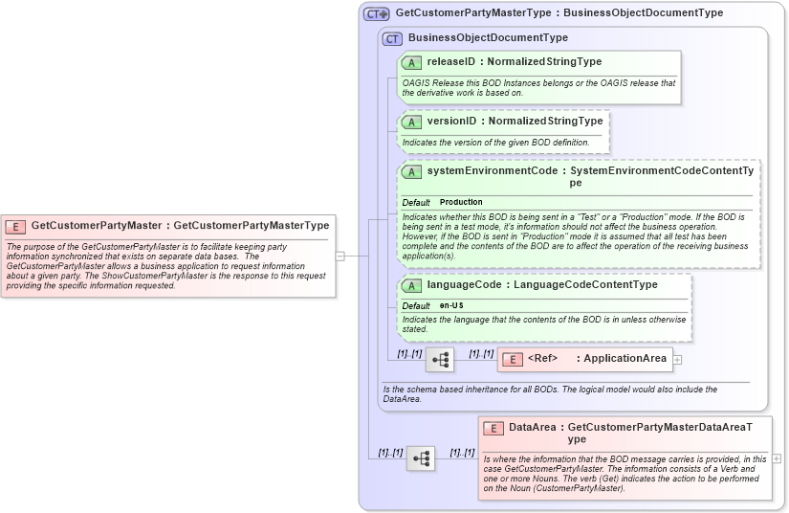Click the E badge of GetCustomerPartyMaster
point(15,226)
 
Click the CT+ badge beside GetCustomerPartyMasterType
point(376,13)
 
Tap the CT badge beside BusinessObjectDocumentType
point(392,38)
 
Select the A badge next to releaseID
point(411,62)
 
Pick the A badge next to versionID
point(411,122)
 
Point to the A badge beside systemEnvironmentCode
point(411,171)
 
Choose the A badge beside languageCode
point(411,285)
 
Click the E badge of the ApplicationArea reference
point(513,359)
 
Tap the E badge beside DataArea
point(493,428)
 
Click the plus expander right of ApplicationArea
point(678,360)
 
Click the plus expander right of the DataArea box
point(777,458)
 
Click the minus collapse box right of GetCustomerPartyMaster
point(340,256)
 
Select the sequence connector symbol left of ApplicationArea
point(440,360)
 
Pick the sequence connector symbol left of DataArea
point(421,458)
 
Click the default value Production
point(461,203)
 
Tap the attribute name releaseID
point(450,62)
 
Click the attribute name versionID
point(451,122)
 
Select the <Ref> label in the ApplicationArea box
point(542,359)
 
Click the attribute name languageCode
point(466,285)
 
